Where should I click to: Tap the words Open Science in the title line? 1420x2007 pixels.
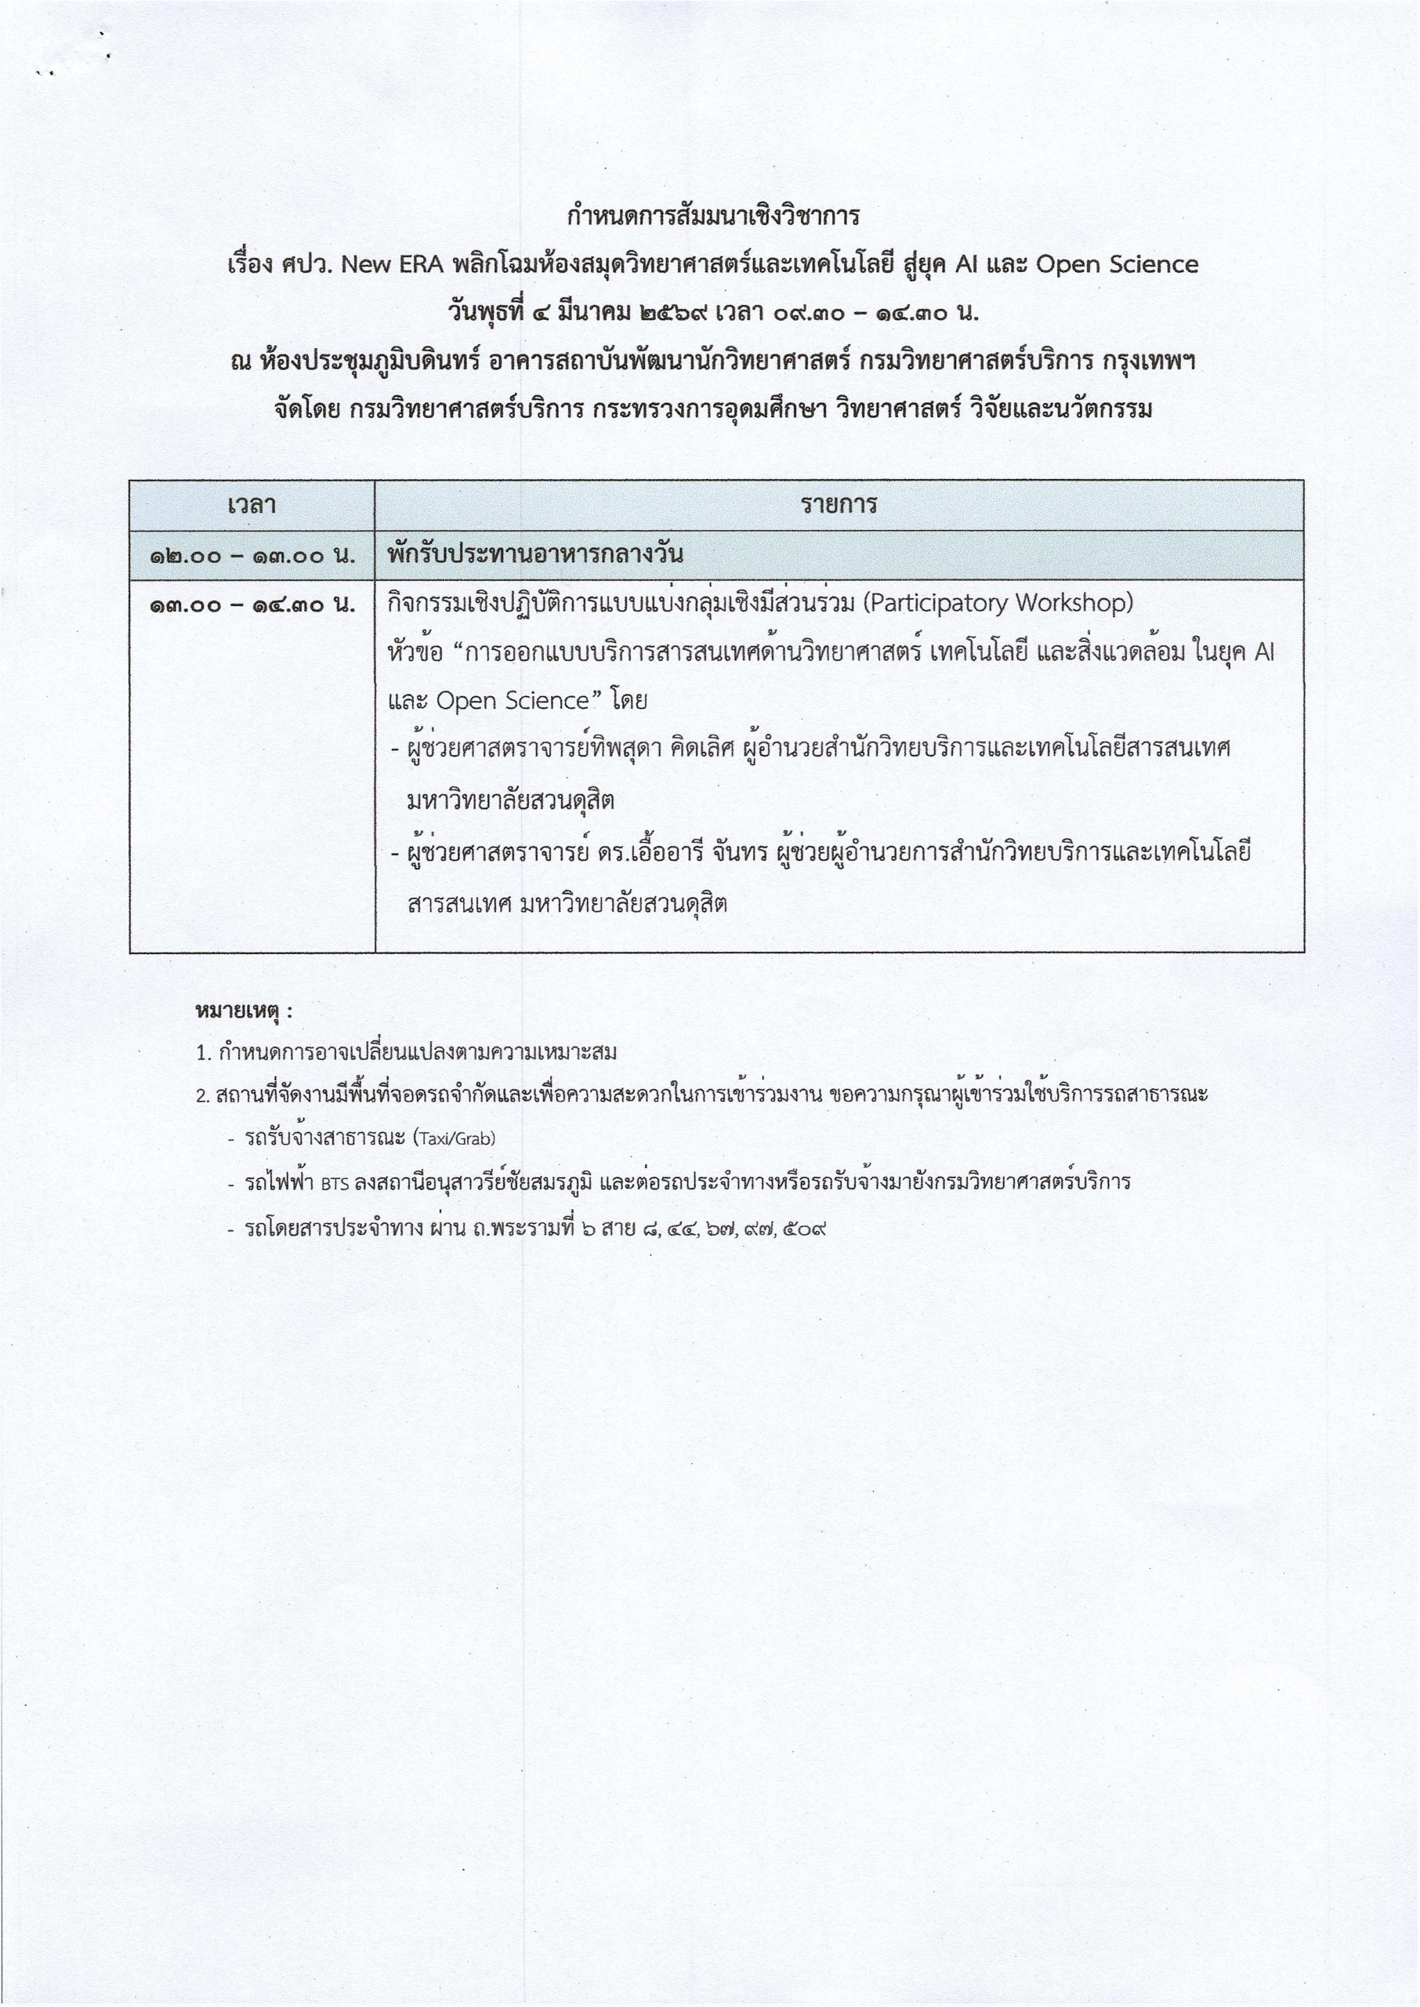click(x=1117, y=265)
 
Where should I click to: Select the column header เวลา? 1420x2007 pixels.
click(x=252, y=506)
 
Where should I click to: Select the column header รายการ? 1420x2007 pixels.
click(x=839, y=506)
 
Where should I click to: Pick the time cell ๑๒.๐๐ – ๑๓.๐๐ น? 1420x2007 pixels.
click(x=252, y=556)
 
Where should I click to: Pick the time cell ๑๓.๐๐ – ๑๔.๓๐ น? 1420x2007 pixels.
click(x=252, y=605)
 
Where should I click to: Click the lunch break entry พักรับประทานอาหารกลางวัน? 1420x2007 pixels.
click(x=534, y=554)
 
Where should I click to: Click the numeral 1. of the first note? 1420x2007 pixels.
click(x=204, y=1054)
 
